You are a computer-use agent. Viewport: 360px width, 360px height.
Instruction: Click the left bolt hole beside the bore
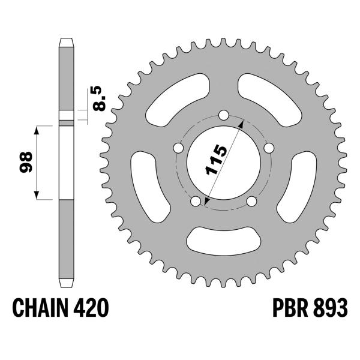pos(178,147)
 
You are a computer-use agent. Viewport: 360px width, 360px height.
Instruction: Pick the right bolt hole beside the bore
pos(268,147)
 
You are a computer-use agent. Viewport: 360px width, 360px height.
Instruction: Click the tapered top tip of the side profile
pos(67,41)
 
